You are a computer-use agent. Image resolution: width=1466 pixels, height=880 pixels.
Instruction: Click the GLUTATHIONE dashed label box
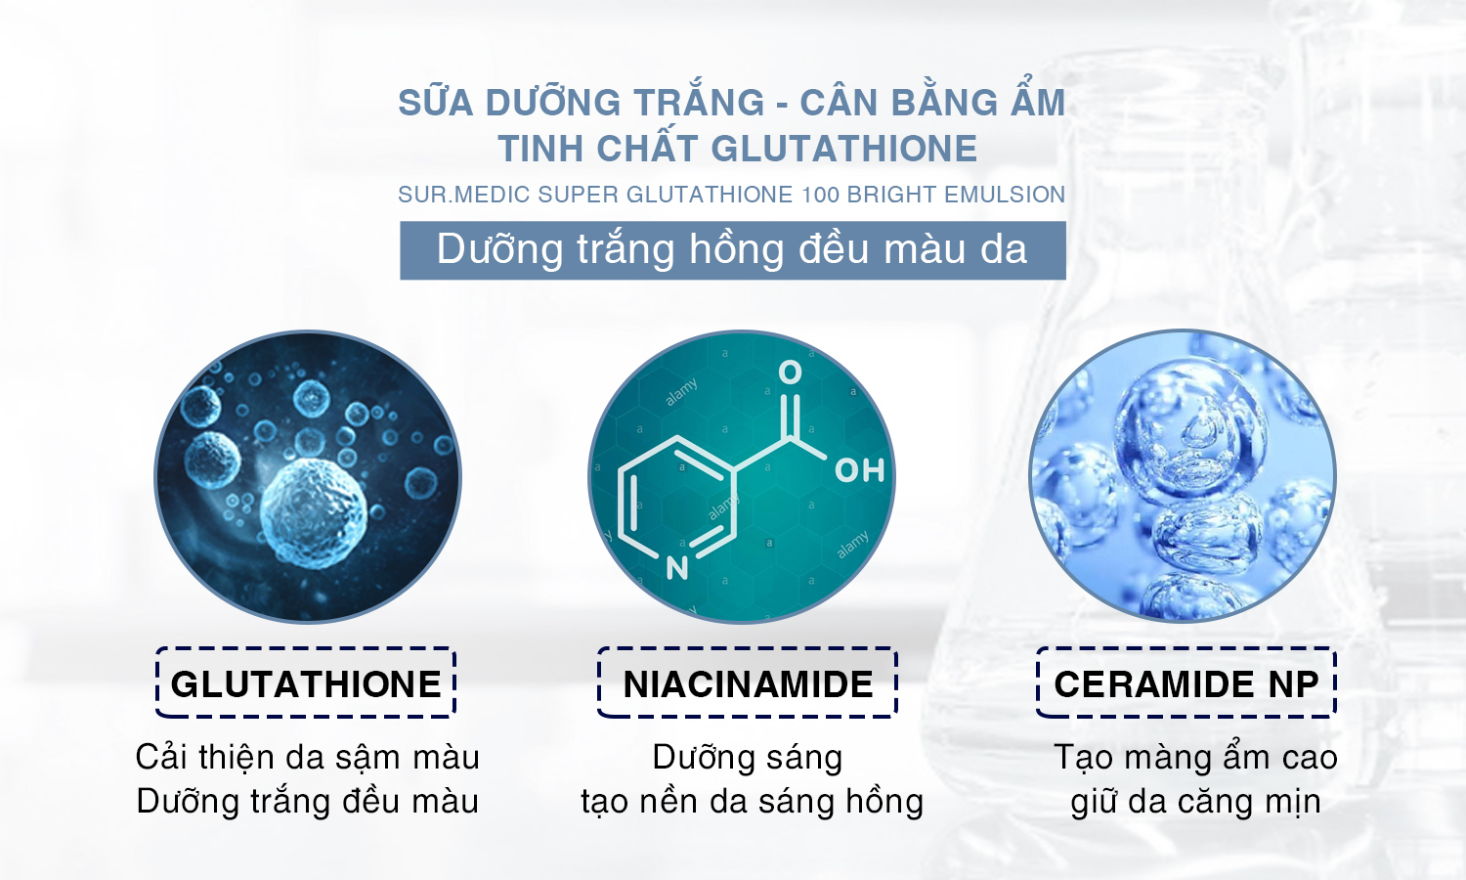pos(306,649)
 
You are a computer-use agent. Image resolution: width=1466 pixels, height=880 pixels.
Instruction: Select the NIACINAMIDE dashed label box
pos(748,649)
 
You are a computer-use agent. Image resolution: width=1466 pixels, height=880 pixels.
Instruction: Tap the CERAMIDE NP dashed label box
pos(1186,649)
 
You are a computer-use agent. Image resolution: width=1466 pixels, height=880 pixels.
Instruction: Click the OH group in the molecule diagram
pos(859,470)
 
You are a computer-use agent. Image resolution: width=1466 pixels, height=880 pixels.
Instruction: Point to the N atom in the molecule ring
pos(677,568)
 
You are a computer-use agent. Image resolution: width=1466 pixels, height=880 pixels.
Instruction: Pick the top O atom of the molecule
pos(790,372)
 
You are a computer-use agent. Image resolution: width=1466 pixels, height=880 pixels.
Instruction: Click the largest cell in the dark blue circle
pos(314,512)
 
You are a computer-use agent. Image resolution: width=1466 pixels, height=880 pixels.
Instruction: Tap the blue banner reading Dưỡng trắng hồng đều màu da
pos(732,250)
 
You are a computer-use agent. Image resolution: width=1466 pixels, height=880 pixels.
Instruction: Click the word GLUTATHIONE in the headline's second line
pos(843,148)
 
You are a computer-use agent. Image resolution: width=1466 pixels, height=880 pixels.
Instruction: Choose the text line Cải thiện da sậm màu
pos(308,758)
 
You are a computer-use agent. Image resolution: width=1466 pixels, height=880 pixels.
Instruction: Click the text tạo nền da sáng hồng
pos(752,802)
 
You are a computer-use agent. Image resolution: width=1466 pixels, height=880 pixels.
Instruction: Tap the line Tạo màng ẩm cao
pos(1195,758)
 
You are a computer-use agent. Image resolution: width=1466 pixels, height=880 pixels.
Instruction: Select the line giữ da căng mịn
pos(1195,802)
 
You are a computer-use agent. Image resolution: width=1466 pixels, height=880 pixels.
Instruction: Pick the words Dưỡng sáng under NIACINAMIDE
pos(748,758)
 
